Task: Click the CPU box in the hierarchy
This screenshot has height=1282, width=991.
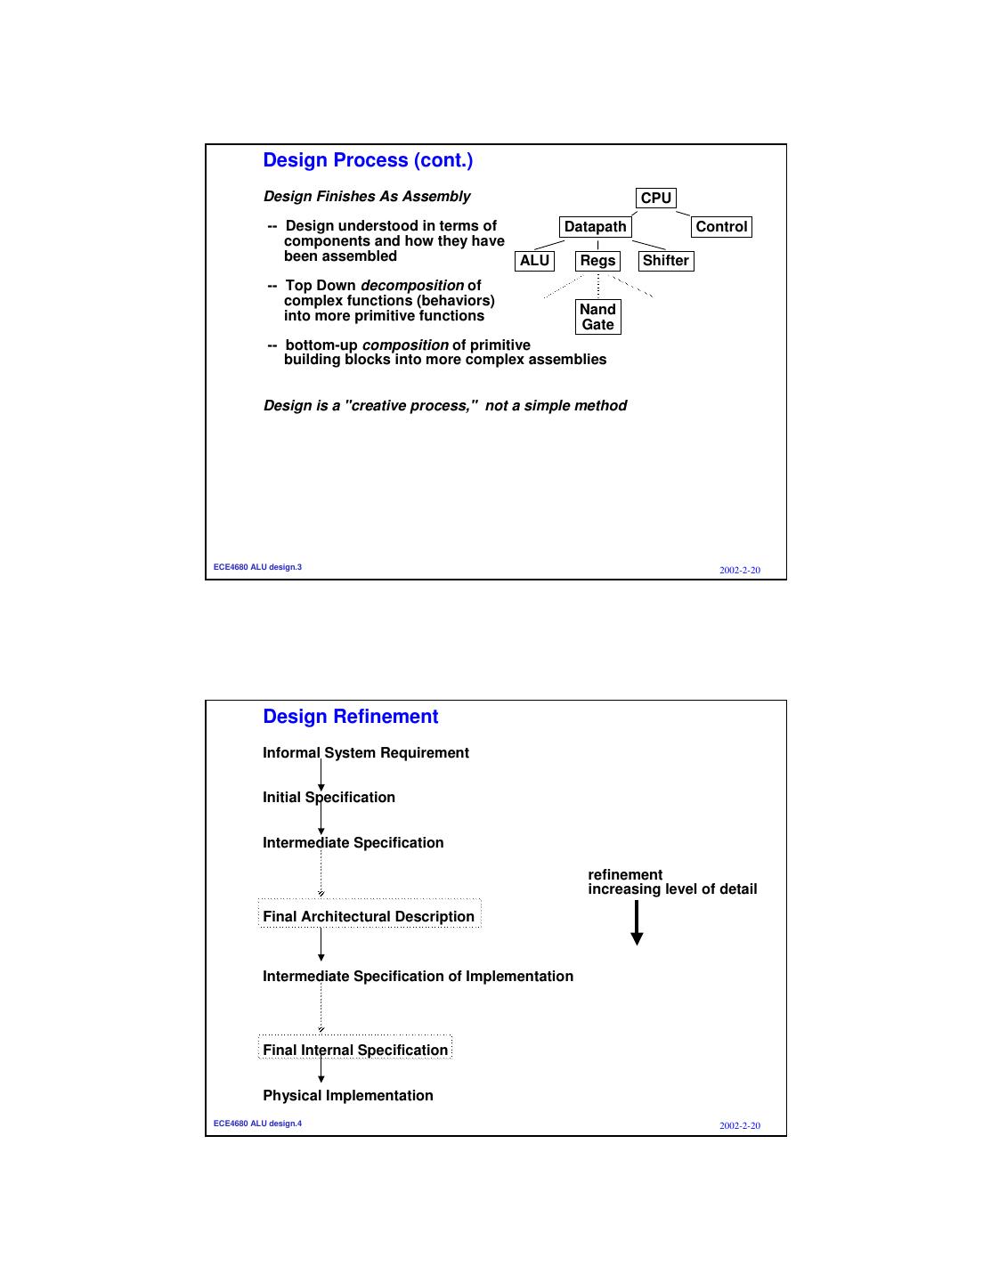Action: pos(655,198)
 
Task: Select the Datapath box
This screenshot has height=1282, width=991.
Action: pos(595,227)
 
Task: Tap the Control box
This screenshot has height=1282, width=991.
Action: pos(721,227)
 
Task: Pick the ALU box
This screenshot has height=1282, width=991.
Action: pos(534,261)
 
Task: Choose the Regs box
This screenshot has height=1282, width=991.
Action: pos(597,261)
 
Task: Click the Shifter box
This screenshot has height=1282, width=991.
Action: pos(665,261)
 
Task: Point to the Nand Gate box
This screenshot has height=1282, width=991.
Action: pos(597,317)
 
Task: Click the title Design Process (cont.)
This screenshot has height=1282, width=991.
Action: pos(368,160)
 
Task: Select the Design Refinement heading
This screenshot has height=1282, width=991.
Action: pos(350,717)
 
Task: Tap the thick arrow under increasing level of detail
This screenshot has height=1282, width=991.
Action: pos(637,922)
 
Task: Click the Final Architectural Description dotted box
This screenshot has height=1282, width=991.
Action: pos(369,916)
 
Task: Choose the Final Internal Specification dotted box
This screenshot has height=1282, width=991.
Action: pos(355,1050)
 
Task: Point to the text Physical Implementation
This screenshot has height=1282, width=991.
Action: pos(347,1095)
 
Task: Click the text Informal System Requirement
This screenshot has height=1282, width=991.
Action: pos(365,752)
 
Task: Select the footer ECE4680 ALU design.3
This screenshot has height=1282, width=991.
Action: pos(257,567)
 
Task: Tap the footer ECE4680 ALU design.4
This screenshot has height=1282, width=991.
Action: pos(257,1124)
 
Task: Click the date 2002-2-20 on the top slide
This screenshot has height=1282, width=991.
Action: pos(740,570)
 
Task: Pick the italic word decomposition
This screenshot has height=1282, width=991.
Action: pos(411,286)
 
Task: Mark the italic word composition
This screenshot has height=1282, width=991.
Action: pos(404,345)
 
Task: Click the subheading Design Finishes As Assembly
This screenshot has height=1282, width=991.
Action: pos(367,196)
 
